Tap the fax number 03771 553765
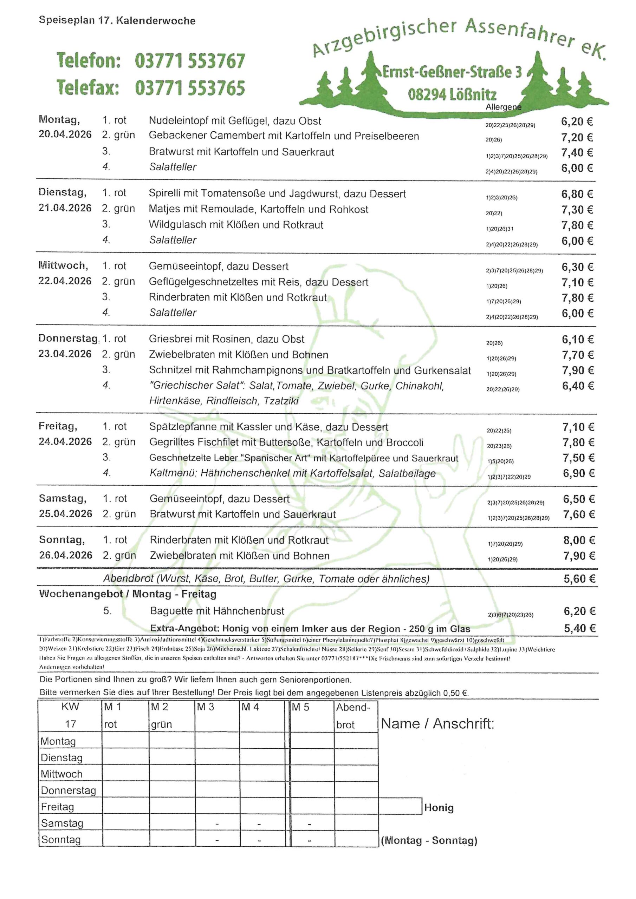coord(190,88)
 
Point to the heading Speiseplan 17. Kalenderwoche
coord(117,20)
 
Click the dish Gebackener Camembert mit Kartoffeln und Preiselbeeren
coord(284,136)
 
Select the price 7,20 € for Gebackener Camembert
coord(577,137)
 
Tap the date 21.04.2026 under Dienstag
coord(65,208)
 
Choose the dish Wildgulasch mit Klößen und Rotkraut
coord(236,225)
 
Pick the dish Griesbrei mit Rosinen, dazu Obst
coord(227,339)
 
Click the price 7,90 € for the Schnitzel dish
coord(578,370)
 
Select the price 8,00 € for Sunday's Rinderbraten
coord(579,540)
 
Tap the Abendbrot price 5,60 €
coord(579,579)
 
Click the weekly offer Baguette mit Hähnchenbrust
coord(217,611)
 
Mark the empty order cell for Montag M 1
coord(125,741)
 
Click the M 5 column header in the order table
coord(300,707)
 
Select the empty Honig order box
coord(400,807)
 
